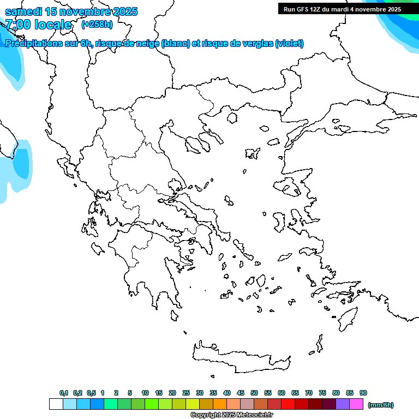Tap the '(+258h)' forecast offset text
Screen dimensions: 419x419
pos(97,24)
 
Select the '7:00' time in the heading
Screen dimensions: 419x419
pos(17,25)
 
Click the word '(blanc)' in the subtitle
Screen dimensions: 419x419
pos(176,44)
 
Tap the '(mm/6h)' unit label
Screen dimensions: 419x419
pos(381,405)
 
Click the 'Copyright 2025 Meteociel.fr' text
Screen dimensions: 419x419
pos(231,415)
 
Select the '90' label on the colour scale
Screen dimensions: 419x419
pos(363,393)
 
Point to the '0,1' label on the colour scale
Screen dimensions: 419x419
pos(63,393)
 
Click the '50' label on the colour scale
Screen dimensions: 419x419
pos(254,393)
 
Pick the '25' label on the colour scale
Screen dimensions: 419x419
pos(186,393)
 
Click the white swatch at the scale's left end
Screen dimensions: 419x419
pos(56,404)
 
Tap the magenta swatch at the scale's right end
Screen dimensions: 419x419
pos(356,404)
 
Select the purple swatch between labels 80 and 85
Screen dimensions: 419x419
pos(343,404)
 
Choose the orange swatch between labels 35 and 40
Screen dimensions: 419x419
pos(220,404)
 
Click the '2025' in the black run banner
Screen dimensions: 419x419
pos(392,9)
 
